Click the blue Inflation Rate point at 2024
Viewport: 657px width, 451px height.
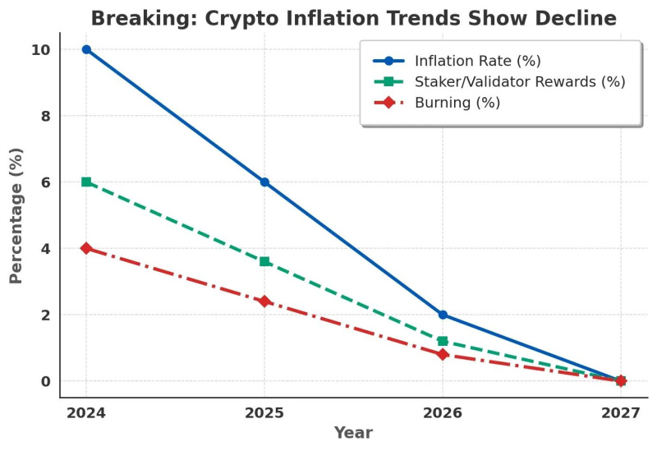point(86,49)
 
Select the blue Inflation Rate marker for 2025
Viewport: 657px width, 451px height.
point(264,182)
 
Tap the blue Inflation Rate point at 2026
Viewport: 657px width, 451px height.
point(443,315)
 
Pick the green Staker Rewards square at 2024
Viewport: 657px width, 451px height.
point(86,182)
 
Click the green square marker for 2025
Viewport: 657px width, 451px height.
point(264,261)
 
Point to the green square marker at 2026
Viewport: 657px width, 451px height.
point(443,341)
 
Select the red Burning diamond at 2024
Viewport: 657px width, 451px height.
point(86,248)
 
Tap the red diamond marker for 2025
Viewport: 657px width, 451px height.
point(264,301)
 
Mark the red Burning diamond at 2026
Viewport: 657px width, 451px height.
point(443,354)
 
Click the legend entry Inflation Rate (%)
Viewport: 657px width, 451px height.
point(477,61)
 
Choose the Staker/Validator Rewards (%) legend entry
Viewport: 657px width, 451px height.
point(519,81)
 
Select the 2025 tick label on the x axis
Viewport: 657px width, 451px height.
point(264,412)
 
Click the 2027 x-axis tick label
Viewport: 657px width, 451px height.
point(621,412)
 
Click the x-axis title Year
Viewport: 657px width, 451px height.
point(353,433)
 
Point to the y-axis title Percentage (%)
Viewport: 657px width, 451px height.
point(16,215)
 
